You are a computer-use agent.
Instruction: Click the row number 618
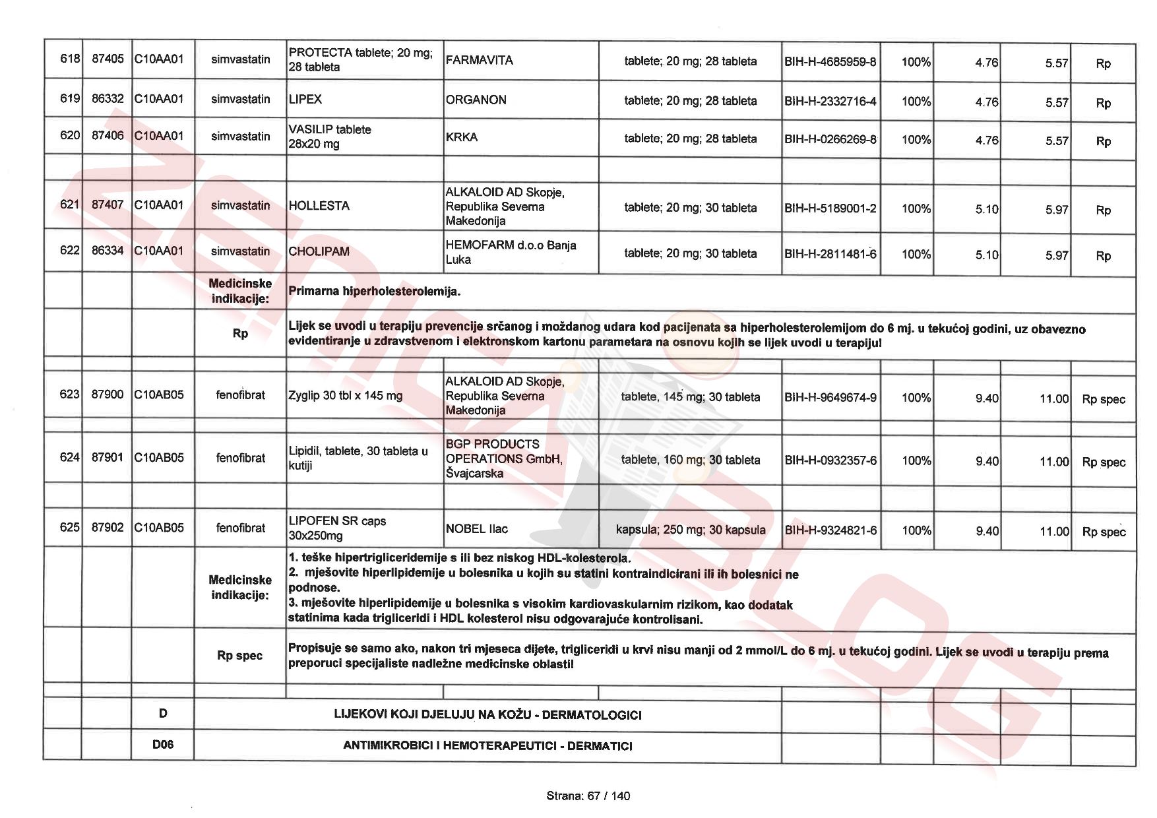pyautogui.click(x=69, y=59)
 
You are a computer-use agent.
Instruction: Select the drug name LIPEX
pyautogui.click(x=305, y=100)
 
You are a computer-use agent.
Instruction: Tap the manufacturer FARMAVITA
pyautogui.click(x=479, y=60)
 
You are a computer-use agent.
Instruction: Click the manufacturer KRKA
pyautogui.click(x=462, y=137)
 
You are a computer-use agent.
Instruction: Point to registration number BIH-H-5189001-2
pyautogui.click(x=830, y=208)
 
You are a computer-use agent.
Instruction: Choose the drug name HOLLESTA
pyautogui.click(x=319, y=206)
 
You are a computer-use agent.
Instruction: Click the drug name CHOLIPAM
pyautogui.click(x=319, y=251)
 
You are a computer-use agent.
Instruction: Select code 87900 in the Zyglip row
pyautogui.click(x=107, y=394)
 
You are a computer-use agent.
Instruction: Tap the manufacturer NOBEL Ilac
pyautogui.click(x=476, y=528)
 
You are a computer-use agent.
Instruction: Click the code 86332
pyautogui.click(x=108, y=99)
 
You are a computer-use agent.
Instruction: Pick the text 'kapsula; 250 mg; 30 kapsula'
pyautogui.click(x=690, y=530)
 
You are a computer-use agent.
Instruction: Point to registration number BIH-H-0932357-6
pyautogui.click(x=830, y=460)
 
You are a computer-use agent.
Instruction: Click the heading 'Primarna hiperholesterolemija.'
pyautogui.click(x=374, y=291)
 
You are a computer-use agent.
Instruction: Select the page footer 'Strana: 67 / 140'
pyautogui.click(x=588, y=796)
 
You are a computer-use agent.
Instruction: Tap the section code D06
pyautogui.click(x=163, y=745)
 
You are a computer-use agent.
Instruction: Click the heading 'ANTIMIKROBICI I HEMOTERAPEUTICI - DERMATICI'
pyautogui.click(x=487, y=746)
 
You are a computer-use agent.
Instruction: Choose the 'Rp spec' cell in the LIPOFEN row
pyautogui.click(x=1104, y=532)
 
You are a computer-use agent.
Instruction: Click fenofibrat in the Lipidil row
pyautogui.click(x=240, y=458)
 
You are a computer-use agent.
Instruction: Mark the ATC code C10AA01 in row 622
pyautogui.click(x=159, y=251)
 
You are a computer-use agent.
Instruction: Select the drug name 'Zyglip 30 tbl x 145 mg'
pyautogui.click(x=345, y=396)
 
